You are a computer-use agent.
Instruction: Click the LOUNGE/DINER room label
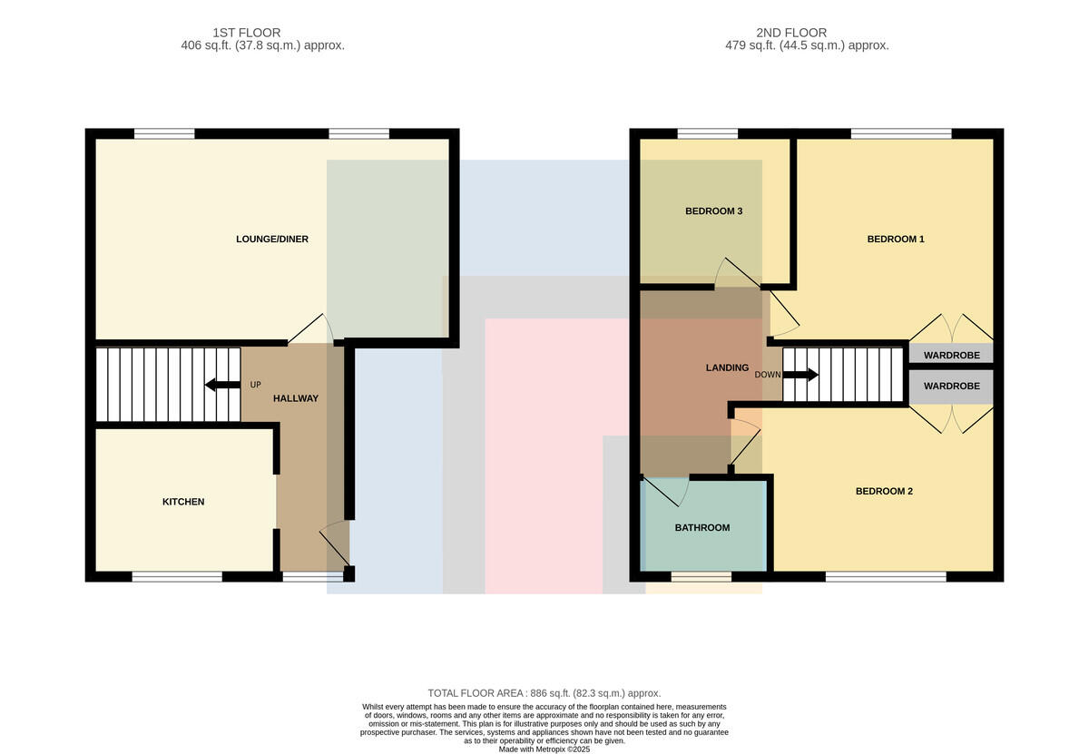(271, 240)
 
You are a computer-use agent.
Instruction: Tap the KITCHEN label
(183, 502)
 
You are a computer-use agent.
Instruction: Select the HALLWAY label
(296, 398)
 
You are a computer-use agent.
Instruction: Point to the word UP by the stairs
(255, 385)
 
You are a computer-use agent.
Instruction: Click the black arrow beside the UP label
(222, 385)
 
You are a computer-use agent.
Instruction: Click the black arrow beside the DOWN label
(800, 375)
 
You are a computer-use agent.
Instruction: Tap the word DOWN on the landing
(768, 375)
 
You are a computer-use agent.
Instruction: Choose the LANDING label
(727, 368)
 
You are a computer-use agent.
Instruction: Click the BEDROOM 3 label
(713, 211)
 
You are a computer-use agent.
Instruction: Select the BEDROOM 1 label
(896, 240)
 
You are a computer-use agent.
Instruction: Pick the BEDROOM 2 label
(884, 492)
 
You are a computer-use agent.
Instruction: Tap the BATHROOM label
(702, 528)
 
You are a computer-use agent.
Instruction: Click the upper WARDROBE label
(951, 356)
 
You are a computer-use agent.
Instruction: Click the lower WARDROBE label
(951, 386)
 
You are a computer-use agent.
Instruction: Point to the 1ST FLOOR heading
(247, 33)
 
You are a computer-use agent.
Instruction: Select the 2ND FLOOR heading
(791, 33)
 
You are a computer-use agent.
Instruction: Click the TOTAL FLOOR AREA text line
(544, 693)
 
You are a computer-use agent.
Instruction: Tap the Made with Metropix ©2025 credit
(544, 749)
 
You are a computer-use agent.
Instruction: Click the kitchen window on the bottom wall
(177, 576)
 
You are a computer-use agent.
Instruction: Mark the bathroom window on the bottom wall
(701, 576)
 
